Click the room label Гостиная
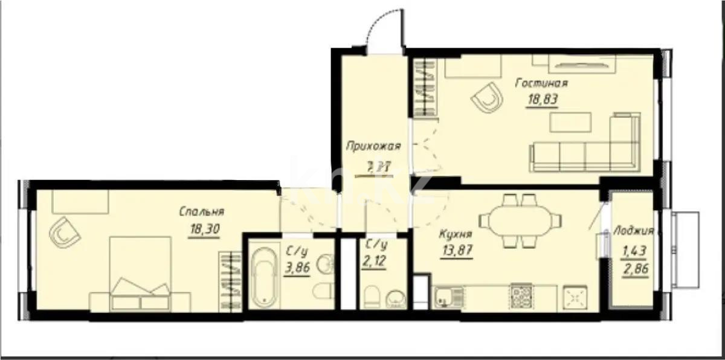click(541, 83)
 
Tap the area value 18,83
click(541, 100)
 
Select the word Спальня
click(201, 211)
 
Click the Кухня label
click(456, 234)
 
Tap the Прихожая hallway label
click(373, 146)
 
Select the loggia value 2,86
click(636, 269)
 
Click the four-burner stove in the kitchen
click(521, 295)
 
